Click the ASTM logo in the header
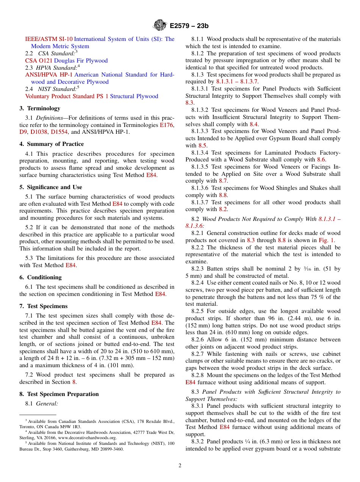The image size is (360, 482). (160, 25)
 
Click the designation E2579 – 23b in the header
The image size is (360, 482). (189, 26)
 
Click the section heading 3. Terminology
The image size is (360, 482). (40, 108)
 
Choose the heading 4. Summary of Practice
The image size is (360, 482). (52, 144)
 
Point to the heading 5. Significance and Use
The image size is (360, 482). (51, 187)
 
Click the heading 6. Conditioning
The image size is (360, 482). (41, 277)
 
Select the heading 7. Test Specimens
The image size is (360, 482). (44, 306)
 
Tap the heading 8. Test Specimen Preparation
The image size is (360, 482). (59, 394)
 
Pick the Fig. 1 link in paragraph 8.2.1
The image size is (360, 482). (326, 240)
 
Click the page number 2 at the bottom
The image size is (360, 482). (180, 466)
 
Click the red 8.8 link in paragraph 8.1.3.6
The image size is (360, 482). (223, 195)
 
